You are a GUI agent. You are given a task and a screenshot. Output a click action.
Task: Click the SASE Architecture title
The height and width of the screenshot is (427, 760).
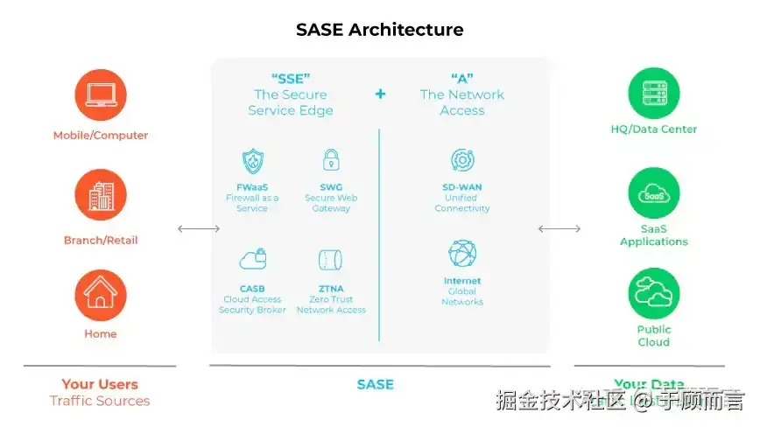pos(379,30)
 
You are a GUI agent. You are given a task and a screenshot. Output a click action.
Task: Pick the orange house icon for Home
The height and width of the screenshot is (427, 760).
pos(101,295)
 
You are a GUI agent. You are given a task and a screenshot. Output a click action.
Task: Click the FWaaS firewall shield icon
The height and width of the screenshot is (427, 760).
pos(252,161)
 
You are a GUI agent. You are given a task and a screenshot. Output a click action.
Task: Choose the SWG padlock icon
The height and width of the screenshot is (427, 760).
pos(330,160)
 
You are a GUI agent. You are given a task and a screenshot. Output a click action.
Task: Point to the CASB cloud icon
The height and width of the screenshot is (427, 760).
pos(252,260)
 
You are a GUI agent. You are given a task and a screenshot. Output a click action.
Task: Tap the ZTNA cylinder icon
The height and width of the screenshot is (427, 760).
pos(330,260)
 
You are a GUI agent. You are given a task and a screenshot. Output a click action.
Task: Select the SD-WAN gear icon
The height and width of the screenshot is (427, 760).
pos(462,160)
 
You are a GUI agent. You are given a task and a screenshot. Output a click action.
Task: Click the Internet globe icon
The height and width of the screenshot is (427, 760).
pos(462,254)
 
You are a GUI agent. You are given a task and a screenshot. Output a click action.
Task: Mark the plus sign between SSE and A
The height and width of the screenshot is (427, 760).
pos(380,94)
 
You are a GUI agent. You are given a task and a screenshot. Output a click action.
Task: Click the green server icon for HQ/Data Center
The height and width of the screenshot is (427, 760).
pos(654,94)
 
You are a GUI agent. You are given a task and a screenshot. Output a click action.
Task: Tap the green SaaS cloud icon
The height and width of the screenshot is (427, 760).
pos(654,193)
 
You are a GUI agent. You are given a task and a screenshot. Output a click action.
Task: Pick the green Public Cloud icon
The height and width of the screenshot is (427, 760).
pos(654,293)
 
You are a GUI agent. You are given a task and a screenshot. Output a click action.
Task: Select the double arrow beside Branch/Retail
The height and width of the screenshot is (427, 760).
pos(199,229)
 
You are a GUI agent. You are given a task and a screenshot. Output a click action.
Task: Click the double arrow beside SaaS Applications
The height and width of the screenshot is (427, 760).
pos(559,229)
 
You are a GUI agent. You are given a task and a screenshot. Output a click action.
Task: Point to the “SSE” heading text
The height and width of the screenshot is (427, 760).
pos(291,77)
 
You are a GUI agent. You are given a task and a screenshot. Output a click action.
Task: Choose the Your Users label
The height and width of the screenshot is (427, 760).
pos(99,384)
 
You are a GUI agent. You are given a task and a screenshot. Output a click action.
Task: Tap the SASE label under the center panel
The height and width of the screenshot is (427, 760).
pos(375,384)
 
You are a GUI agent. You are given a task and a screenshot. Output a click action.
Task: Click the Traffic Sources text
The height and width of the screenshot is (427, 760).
pos(99,401)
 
